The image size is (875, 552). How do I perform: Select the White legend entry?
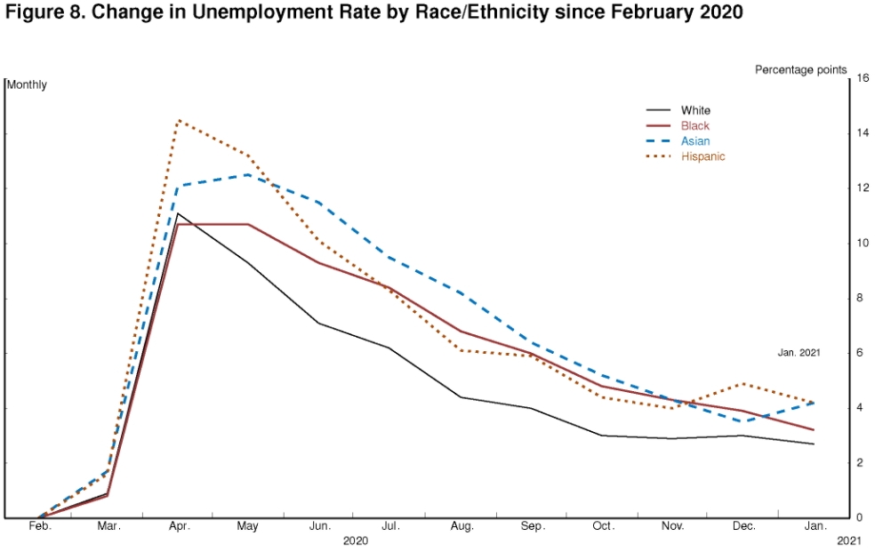tap(695, 110)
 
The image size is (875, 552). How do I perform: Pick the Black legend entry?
tap(695, 125)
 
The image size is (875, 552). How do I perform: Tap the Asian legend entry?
tap(695, 140)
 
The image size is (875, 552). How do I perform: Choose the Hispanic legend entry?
tap(702, 156)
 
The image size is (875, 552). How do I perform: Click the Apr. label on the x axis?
tap(178, 526)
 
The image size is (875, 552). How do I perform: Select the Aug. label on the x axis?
tap(462, 526)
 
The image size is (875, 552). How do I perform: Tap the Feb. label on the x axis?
tap(40, 526)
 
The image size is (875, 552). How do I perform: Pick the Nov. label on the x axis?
tap(674, 526)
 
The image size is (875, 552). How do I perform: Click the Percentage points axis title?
tap(800, 69)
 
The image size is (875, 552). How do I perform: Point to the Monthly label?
tap(28, 84)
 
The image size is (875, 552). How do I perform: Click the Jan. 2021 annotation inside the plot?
tap(798, 352)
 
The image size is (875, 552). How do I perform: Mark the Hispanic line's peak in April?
tap(178, 119)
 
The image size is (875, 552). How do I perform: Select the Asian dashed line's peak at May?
tap(247, 174)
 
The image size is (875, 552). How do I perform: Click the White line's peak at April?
tap(178, 213)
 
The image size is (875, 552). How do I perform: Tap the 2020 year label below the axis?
tap(356, 540)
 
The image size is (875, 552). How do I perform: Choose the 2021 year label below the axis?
tap(850, 540)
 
